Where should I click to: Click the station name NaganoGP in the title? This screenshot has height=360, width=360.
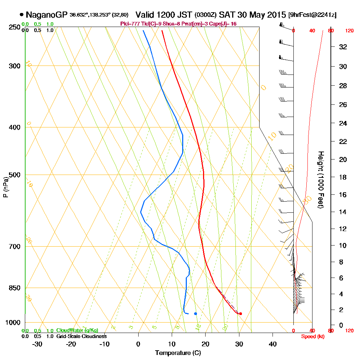(x=44, y=15)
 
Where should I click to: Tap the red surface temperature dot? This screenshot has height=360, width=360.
(x=240, y=314)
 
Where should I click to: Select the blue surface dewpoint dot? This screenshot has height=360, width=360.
(x=195, y=314)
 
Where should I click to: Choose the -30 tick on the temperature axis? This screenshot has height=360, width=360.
(x=37, y=344)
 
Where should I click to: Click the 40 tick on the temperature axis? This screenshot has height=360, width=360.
(x=273, y=344)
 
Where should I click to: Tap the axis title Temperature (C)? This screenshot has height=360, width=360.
(x=178, y=353)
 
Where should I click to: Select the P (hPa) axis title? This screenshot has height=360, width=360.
(x=5, y=187)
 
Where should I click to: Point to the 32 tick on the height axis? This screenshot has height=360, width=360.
(x=343, y=47)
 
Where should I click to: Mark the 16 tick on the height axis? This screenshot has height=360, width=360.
(x=343, y=195)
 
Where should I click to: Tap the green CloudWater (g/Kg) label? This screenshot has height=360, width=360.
(x=77, y=330)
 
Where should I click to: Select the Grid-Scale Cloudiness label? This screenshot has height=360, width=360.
(x=81, y=336)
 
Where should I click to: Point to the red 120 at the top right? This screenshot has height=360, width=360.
(x=349, y=31)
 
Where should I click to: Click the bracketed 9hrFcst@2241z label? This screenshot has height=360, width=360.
(x=312, y=15)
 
